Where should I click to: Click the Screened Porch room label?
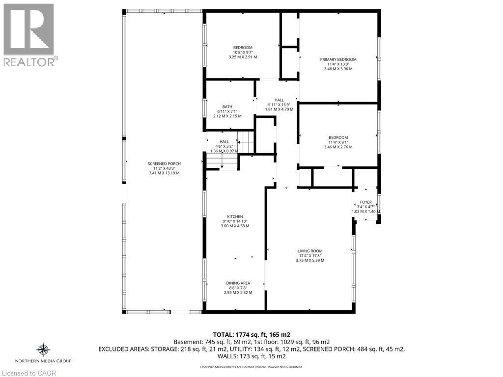[164, 163]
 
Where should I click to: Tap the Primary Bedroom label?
[338, 59]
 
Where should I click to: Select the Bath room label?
[227, 107]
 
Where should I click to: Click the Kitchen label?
[235, 216]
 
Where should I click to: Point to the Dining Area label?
[238, 283]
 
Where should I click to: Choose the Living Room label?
[310, 251]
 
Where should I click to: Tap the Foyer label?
[365, 202]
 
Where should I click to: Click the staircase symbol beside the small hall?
[244, 143]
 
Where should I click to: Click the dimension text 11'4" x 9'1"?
[338, 142]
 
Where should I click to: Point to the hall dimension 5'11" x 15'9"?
[279, 105]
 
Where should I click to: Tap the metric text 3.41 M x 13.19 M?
[164, 173]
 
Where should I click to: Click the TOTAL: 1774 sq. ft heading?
[251, 334]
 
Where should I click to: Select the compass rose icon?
[43, 350]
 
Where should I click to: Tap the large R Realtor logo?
[29, 29]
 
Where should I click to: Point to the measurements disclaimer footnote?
[251, 367]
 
